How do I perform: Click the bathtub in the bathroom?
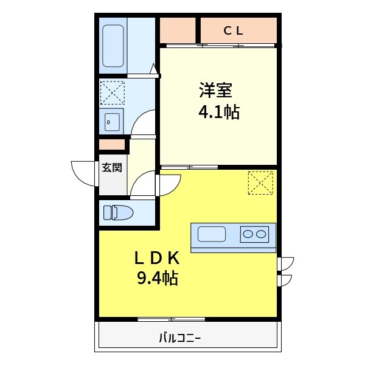pyautogui.click(x=113, y=46)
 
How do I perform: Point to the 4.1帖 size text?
pyautogui.click(x=217, y=112)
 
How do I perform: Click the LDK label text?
pyautogui.click(x=156, y=257)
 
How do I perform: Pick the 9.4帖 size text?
pyautogui.click(x=156, y=279)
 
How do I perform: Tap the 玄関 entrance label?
pyautogui.click(x=111, y=167)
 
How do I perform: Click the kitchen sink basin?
pyautogui.click(x=212, y=234)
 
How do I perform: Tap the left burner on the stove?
pyautogui.click(x=249, y=234)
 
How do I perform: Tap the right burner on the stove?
pyautogui.click(x=262, y=234)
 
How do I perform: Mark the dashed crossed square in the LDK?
pyautogui.click(x=260, y=182)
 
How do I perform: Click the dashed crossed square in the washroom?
pyautogui.click(x=112, y=93)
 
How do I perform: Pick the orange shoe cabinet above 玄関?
pyautogui.click(x=112, y=145)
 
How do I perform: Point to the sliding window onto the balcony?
pyautogui.click(x=171, y=319)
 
